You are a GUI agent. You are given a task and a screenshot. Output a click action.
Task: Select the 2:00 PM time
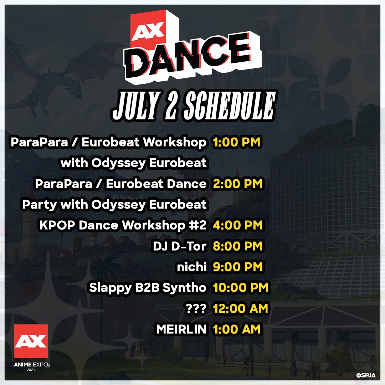point(237,184)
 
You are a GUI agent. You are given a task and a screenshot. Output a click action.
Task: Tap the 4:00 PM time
point(237,225)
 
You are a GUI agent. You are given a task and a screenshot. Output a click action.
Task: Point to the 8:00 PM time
point(237,246)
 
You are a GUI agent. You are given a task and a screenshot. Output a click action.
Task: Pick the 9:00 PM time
point(237,267)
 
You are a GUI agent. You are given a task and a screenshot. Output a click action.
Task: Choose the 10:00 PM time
point(241,288)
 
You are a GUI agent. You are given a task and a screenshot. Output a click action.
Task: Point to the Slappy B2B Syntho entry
point(148,288)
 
